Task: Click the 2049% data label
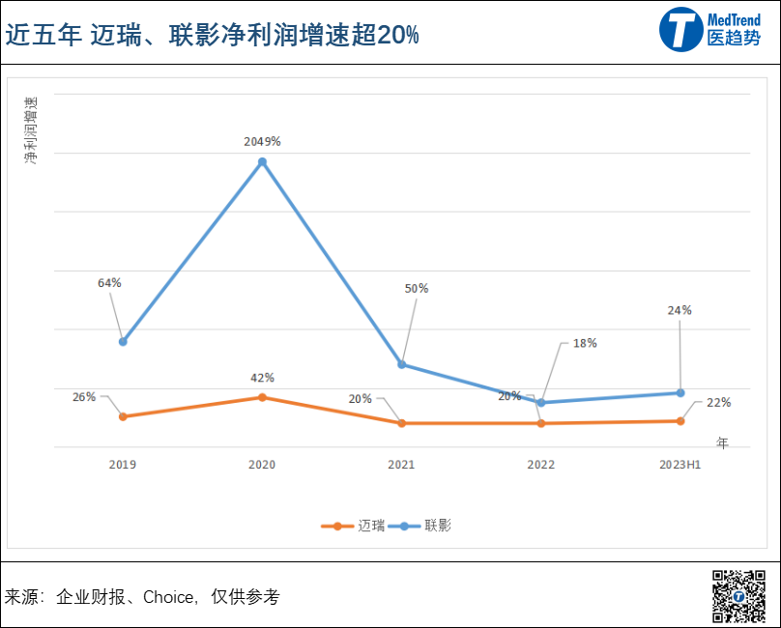tap(262, 141)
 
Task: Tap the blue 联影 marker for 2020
tap(262, 161)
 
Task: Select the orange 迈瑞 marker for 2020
tap(262, 397)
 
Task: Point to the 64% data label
tap(109, 283)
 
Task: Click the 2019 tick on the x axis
tap(123, 465)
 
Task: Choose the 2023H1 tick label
tap(680, 465)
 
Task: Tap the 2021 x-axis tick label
tap(401, 465)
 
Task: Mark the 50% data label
tap(417, 288)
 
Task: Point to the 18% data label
tap(585, 343)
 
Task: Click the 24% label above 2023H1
tap(680, 310)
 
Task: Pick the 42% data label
tap(262, 378)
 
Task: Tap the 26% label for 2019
tap(84, 396)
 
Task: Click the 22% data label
tap(718, 403)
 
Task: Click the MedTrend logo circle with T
tap(682, 29)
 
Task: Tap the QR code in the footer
tap(738, 596)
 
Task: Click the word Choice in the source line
tap(168, 597)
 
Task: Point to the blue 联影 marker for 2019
tap(123, 341)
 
